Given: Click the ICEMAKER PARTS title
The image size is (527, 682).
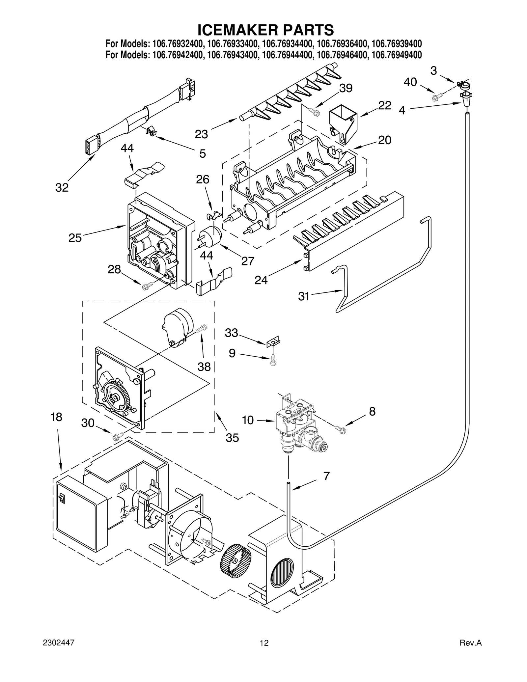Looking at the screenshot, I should pyautogui.click(x=265, y=30).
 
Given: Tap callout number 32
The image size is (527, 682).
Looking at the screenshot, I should pyautogui.click(x=62, y=188).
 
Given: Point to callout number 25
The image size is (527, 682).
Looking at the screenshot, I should pyautogui.click(x=75, y=238).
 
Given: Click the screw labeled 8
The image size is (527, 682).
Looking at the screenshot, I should pyautogui.click(x=340, y=428).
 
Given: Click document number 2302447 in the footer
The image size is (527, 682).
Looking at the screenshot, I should pyautogui.click(x=59, y=652).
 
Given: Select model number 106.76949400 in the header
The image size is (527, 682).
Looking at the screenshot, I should pyautogui.click(x=396, y=55).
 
